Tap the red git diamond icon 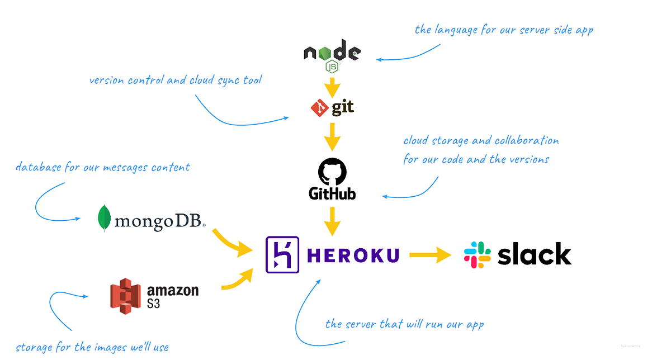(319, 108)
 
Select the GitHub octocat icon (332, 171)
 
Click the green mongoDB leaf (103, 219)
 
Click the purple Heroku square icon (282, 255)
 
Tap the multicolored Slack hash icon (478, 255)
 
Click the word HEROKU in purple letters (353, 255)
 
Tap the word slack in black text (534, 254)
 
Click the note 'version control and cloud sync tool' (175, 80)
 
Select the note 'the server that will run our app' (404, 324)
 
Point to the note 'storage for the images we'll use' (92, 347)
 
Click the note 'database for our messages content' (103, 167)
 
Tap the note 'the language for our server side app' (503, 30)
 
